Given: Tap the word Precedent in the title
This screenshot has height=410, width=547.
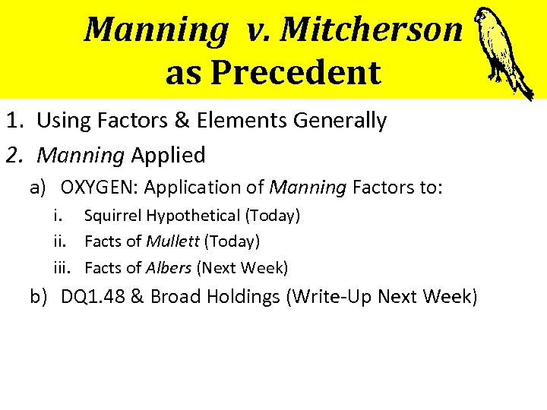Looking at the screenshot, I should [x=296, y=73].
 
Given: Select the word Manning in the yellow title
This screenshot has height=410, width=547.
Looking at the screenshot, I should [x=156, y=30].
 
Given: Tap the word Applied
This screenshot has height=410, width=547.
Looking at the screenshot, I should [x=168, y=156].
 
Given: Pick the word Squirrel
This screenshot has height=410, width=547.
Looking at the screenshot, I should [x=113, y=216].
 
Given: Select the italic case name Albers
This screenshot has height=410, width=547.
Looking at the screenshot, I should [x=169, y=267].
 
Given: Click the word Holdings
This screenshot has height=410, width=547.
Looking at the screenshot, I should [x=239, y=296].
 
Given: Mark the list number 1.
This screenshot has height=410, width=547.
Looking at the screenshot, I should [x=13, y=120].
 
